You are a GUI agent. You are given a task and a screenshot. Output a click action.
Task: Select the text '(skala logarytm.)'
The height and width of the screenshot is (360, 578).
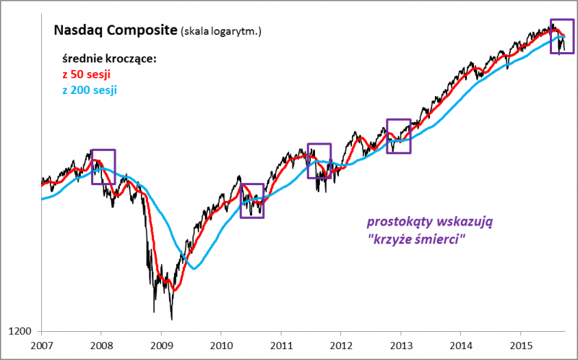(x=221, y=32)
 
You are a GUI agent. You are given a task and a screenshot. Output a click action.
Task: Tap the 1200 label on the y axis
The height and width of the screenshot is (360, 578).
(x=22, y=332)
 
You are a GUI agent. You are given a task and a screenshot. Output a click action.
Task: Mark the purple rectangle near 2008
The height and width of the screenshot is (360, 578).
(x=103, y=167)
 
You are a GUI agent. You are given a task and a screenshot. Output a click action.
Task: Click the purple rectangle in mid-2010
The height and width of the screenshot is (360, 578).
(x=252, y=200)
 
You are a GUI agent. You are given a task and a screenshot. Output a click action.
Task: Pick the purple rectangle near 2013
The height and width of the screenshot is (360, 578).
(x=399, y=136)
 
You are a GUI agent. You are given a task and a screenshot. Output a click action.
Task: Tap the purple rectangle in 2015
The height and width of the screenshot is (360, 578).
(x=563, y=36)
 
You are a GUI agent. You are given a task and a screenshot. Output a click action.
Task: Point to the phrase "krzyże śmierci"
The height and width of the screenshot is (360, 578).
(x=416, y=239)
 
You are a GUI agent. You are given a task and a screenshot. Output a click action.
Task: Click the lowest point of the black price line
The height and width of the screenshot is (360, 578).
(x=171, y=319)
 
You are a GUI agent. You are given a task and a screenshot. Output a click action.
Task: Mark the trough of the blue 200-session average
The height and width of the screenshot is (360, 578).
(x=194, y=269)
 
